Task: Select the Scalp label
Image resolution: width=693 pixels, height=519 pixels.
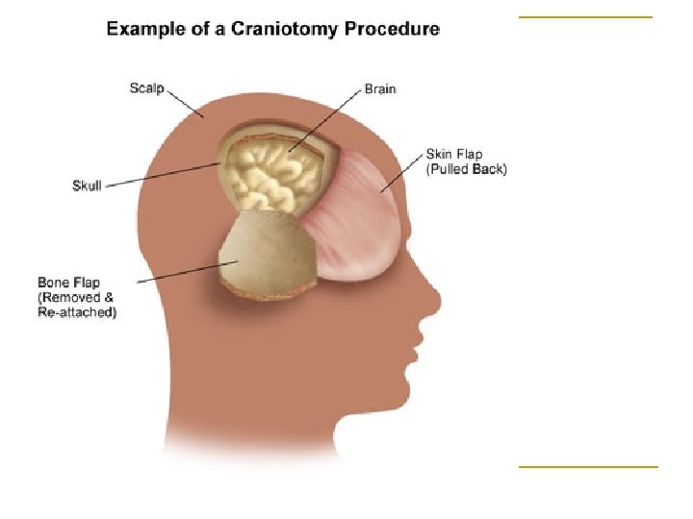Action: pos(146,88)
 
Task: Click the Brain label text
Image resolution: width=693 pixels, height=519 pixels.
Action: pos(380,88)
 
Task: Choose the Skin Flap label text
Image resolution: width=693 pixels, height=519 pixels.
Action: pos(453,154)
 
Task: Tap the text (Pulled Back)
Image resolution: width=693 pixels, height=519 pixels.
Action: pos(466,169)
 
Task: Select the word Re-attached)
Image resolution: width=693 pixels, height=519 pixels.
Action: pos(77,313)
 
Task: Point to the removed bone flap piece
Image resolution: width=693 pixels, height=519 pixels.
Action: pos(269,255)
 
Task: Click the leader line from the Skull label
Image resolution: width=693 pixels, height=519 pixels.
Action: pos(164,177)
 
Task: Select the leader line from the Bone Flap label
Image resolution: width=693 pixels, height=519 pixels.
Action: pos(188,271)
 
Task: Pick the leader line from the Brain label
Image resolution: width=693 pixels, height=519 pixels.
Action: pos(327,120)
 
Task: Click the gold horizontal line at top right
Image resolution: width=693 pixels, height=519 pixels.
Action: pos(585,17)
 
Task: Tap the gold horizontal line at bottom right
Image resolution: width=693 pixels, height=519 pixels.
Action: pos(587,467)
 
